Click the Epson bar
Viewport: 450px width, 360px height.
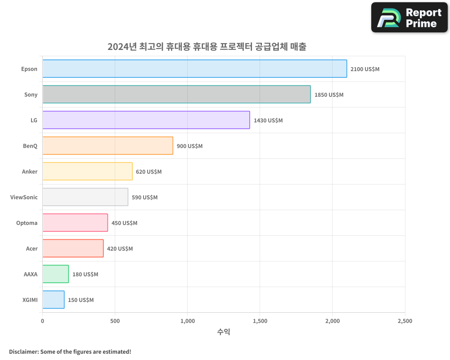point(194,69)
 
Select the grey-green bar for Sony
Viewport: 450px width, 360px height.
point(176,94)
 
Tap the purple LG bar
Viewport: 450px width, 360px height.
point(146,120)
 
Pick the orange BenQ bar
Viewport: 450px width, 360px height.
point(108,146)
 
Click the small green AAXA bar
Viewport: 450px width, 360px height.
point(56,274)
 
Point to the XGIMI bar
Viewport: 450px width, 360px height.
point(54,300)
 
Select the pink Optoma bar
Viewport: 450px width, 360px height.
point(75,223)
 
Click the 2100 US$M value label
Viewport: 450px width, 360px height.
point(365,69)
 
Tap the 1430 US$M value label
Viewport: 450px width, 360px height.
point(268,121)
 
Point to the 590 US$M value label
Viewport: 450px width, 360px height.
point(144,198)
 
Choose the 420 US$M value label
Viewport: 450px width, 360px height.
point(120,249)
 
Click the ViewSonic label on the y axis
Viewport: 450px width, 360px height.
point(24,197)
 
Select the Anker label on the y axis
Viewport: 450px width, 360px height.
point(30,171)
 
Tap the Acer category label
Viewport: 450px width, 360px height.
point(32,248)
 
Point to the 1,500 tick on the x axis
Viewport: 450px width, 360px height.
point(260,321)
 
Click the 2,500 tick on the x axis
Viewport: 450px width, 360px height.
point(405,321)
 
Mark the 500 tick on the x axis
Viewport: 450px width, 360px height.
point(115,321)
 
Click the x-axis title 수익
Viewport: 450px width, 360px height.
point(224,332)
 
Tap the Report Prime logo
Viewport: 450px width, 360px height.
point(409,18)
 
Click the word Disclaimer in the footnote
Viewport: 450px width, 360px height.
point(23,351)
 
